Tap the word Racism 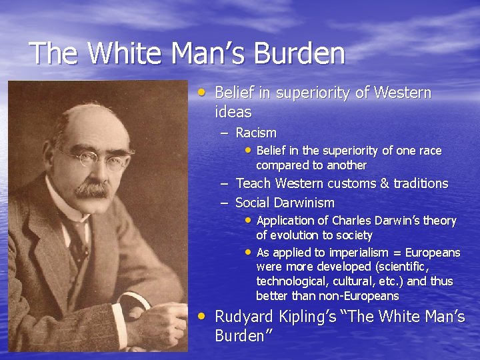(x=256, y=133)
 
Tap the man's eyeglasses (x=93, y=158)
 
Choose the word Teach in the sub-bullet (x=253, y=183)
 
